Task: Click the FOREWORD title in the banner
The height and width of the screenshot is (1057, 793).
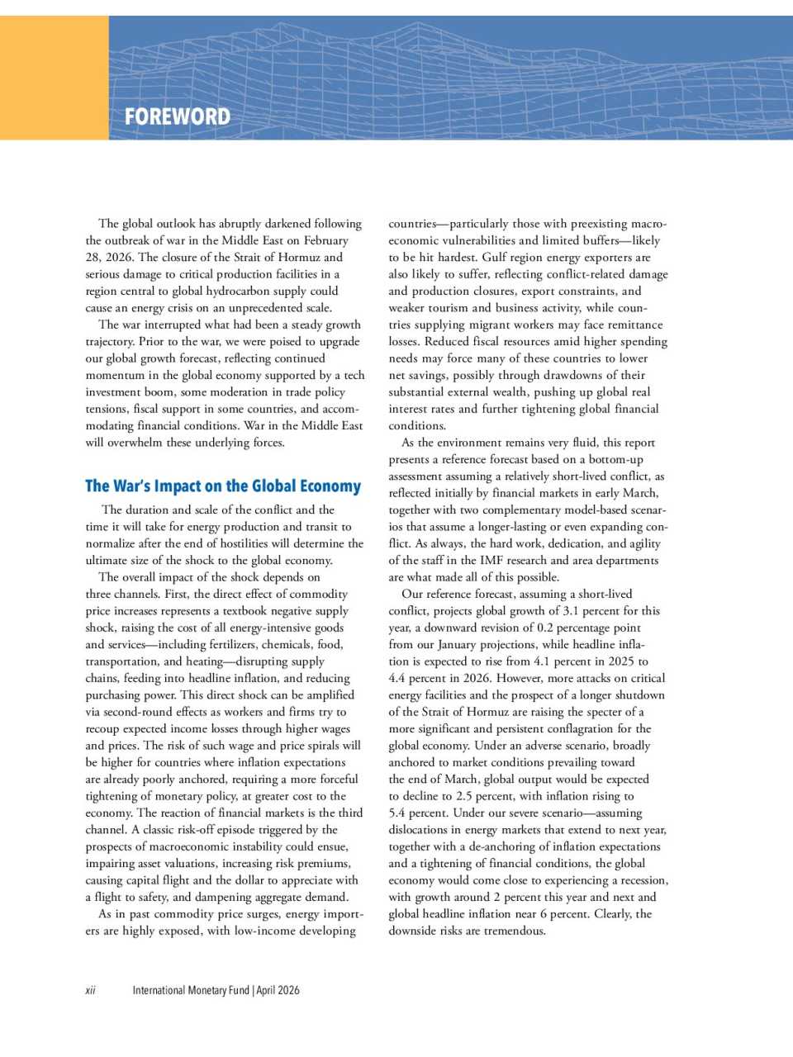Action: click(178, 116)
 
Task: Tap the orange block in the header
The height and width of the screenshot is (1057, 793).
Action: click(54, 78)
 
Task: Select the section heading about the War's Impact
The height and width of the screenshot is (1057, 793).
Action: click(223, 486)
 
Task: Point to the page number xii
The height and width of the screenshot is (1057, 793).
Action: click(90, 990)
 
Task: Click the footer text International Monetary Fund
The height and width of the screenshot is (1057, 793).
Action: click(191, 990)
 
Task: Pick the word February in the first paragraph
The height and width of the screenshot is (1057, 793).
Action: click(325, 240)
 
